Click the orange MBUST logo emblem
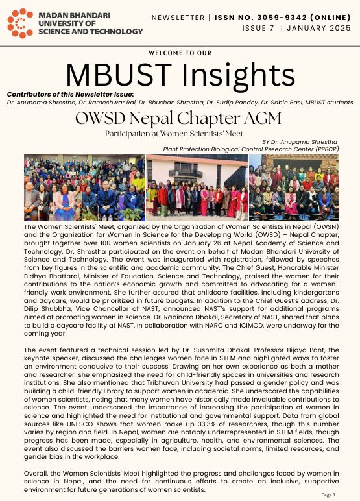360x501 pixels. [x=21, y=23]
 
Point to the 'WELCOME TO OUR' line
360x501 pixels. [x=180, y=53]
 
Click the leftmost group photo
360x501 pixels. [x=84, y=188]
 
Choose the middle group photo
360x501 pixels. [x=197, y=188]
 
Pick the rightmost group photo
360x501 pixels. [x=294, y=188]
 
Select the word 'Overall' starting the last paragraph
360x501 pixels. [x=36, y=474]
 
